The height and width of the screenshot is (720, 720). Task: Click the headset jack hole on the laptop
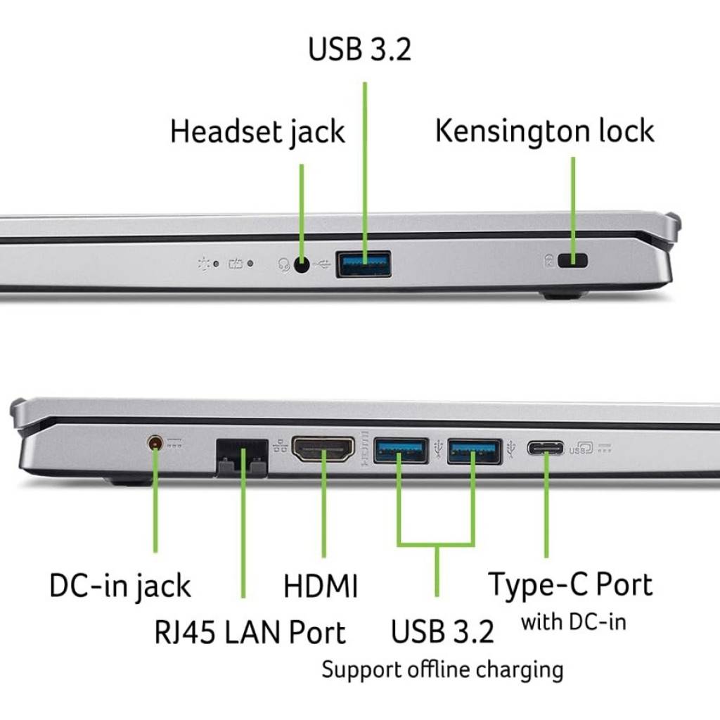tap(302, 265)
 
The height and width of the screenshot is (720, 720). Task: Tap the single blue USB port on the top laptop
tap(364, 264)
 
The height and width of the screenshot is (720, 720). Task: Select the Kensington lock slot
tap(572, 261)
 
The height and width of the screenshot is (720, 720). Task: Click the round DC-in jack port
tap(155, 443)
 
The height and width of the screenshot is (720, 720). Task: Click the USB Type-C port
tap(546, 448)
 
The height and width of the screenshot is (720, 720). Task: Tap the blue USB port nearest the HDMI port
tap(401, 450)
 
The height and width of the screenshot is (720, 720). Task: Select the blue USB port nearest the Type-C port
tap(475, 450)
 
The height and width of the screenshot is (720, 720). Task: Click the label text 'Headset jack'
tap(257, 132)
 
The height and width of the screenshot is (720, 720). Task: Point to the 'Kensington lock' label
tap(545, 131)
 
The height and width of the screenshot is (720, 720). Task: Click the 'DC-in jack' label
tap(120, 586)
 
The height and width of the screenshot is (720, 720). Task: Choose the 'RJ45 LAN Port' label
tap(250, 632)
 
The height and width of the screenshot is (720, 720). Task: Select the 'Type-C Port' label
tap(570, 584)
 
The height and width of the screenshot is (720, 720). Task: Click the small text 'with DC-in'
tap(573, 622)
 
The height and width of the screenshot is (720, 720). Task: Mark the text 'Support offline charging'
tap(442, 669)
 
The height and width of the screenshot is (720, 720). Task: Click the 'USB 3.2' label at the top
tap(360, 49)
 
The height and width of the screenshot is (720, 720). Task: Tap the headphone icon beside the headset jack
tap(285, 265)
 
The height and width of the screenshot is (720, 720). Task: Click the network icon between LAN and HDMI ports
tap(278, 444)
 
